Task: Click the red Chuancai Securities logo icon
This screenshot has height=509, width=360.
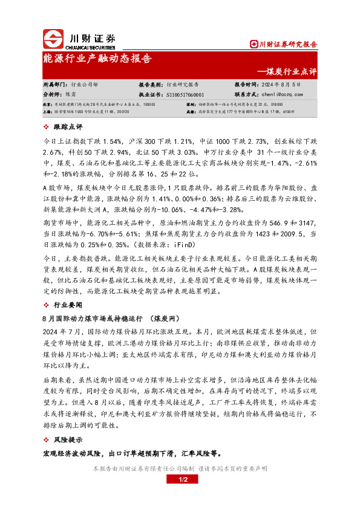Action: click(53, 39)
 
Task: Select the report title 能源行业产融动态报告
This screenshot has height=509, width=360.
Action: click(97, 59)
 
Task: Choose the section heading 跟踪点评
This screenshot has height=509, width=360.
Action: click(68, 127)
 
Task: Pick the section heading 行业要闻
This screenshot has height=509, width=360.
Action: click(68, 305)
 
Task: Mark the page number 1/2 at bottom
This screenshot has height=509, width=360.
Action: click(180, 480)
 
